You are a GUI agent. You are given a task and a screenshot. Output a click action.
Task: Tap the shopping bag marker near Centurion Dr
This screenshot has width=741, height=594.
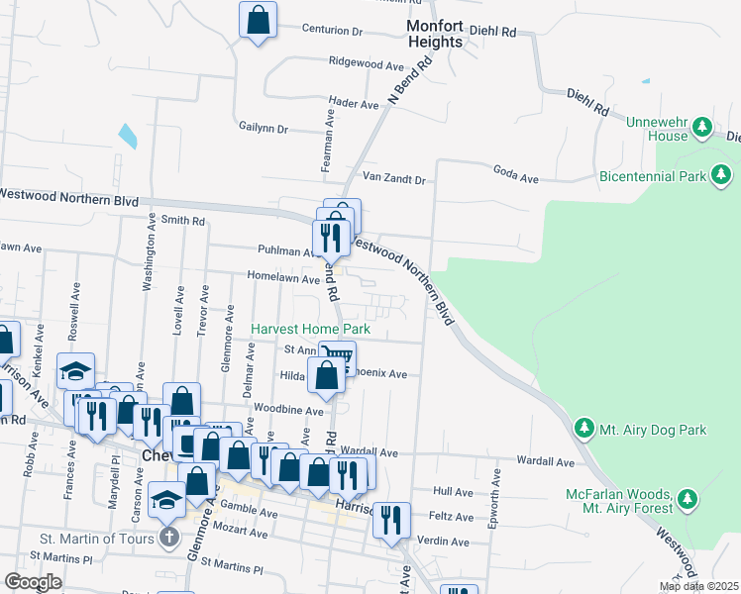click(x=258, y=20)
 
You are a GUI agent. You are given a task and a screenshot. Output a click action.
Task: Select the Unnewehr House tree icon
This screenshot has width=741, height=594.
click(x=702, y=126)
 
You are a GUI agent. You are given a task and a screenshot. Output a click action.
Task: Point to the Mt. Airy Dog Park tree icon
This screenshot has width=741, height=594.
click(x=584, y=429)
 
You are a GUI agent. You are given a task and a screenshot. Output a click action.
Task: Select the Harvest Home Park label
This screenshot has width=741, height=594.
click(x=310, y=329)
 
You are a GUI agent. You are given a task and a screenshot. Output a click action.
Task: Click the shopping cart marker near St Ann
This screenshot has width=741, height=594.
click(x=338, y=355)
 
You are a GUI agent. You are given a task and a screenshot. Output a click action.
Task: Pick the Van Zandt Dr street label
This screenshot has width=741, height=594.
click(x=393, y=179)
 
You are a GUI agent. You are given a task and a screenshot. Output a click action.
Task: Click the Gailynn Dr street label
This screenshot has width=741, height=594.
click(x=263, y=128)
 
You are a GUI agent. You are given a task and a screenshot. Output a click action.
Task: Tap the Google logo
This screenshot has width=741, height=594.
click(x=33, y=582)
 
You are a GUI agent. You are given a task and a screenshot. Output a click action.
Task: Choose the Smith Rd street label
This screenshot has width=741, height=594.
click(x=182, y=220)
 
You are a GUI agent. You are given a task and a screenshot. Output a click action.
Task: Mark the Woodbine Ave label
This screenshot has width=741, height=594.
click(x=288, y=409)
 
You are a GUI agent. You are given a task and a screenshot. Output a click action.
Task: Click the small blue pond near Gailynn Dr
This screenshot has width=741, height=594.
click(x=128, y=136)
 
